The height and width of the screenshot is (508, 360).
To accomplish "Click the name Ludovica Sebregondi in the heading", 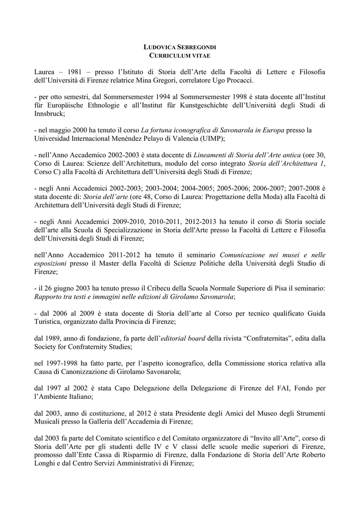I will coord(180,47).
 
